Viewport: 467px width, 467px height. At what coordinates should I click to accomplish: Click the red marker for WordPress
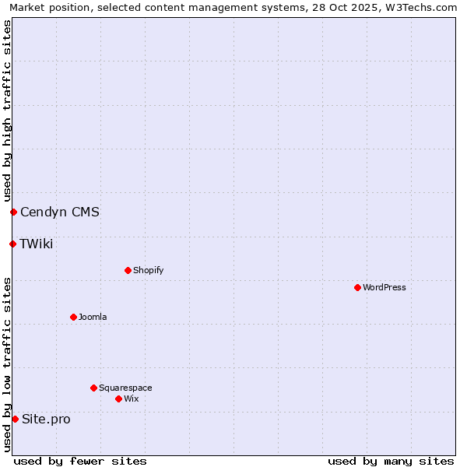tap(357, 287)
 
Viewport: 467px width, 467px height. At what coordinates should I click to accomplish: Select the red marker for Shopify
tap(128, 270)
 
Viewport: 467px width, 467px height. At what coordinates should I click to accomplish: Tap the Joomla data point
tap(73, 317)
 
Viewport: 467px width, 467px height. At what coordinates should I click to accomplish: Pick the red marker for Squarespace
tap(93, 388)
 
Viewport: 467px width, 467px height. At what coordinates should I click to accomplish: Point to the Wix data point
tap(118, 399)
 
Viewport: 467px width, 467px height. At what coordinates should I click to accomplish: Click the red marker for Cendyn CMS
tap(13, 212)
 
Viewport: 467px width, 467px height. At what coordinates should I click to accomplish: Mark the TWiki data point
tap(12, 244)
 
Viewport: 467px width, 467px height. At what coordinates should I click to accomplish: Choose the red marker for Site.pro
tap(15, 419)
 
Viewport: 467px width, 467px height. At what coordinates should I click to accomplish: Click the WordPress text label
tap(384, 287)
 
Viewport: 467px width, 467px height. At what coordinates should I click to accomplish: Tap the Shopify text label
tap(148, 270)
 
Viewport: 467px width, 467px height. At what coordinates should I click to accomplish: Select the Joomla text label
tap(93, 317)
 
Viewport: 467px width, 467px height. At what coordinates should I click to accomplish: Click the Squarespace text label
tap(125, 388)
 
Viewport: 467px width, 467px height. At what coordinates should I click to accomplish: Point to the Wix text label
tap(131, 399)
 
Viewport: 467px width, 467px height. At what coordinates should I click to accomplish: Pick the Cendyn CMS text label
tap(60, 212)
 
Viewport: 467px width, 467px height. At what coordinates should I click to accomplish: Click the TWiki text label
tap(37, 244)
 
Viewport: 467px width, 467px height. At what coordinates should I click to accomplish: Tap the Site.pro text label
tap(46, 419)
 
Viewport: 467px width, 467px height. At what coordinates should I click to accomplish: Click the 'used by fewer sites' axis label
tap(80, 461)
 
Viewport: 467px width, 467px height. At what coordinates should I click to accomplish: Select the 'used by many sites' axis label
tap(391, 461)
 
